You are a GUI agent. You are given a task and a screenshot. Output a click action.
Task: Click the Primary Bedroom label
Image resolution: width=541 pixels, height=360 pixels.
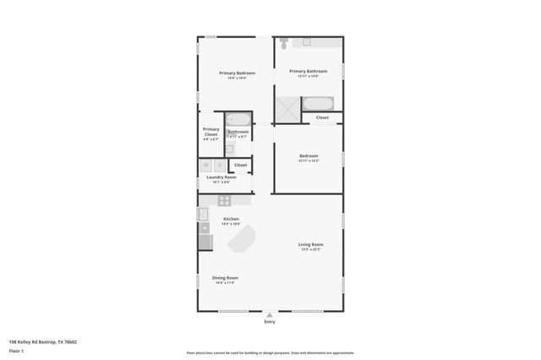(x=237, y=74)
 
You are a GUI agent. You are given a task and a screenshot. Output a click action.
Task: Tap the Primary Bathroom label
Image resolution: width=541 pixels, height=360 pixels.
(x=308, y=71)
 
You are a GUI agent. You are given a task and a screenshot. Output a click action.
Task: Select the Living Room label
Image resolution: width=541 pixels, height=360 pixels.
(x=310, y=245)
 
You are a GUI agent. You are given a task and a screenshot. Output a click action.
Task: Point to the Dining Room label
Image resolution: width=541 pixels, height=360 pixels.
(x=225, y=277)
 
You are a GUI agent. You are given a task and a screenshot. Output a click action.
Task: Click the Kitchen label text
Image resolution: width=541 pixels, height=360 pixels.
(x=231, y=219)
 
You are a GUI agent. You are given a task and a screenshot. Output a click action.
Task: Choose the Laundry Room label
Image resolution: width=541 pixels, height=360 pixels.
(x=221, y=177)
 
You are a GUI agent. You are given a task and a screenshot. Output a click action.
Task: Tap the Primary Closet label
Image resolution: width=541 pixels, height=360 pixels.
(x=210, y=132)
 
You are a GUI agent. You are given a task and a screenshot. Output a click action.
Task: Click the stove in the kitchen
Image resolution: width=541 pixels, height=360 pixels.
(x=225, y=201)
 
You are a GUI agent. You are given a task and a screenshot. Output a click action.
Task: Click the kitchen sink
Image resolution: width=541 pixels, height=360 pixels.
(x=203, y=215)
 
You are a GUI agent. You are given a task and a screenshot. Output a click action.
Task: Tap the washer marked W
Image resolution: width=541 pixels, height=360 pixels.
(x=206, y=166)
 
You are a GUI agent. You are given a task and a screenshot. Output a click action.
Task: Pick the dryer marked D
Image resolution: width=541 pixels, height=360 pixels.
(x=219, y=166)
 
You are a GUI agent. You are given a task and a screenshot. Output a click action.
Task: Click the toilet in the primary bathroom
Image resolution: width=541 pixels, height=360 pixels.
(x=286, y=42)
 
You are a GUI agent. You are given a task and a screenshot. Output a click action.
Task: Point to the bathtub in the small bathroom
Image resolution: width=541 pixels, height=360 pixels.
(x=238, y=119)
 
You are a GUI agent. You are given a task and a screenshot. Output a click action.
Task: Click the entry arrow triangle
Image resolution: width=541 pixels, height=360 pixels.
(x=270, y=315)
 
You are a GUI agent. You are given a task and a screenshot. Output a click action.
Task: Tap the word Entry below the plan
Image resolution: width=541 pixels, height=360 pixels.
(x=270, y=322)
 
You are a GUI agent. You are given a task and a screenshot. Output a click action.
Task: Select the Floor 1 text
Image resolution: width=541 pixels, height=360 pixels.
(x=16, y=350)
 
